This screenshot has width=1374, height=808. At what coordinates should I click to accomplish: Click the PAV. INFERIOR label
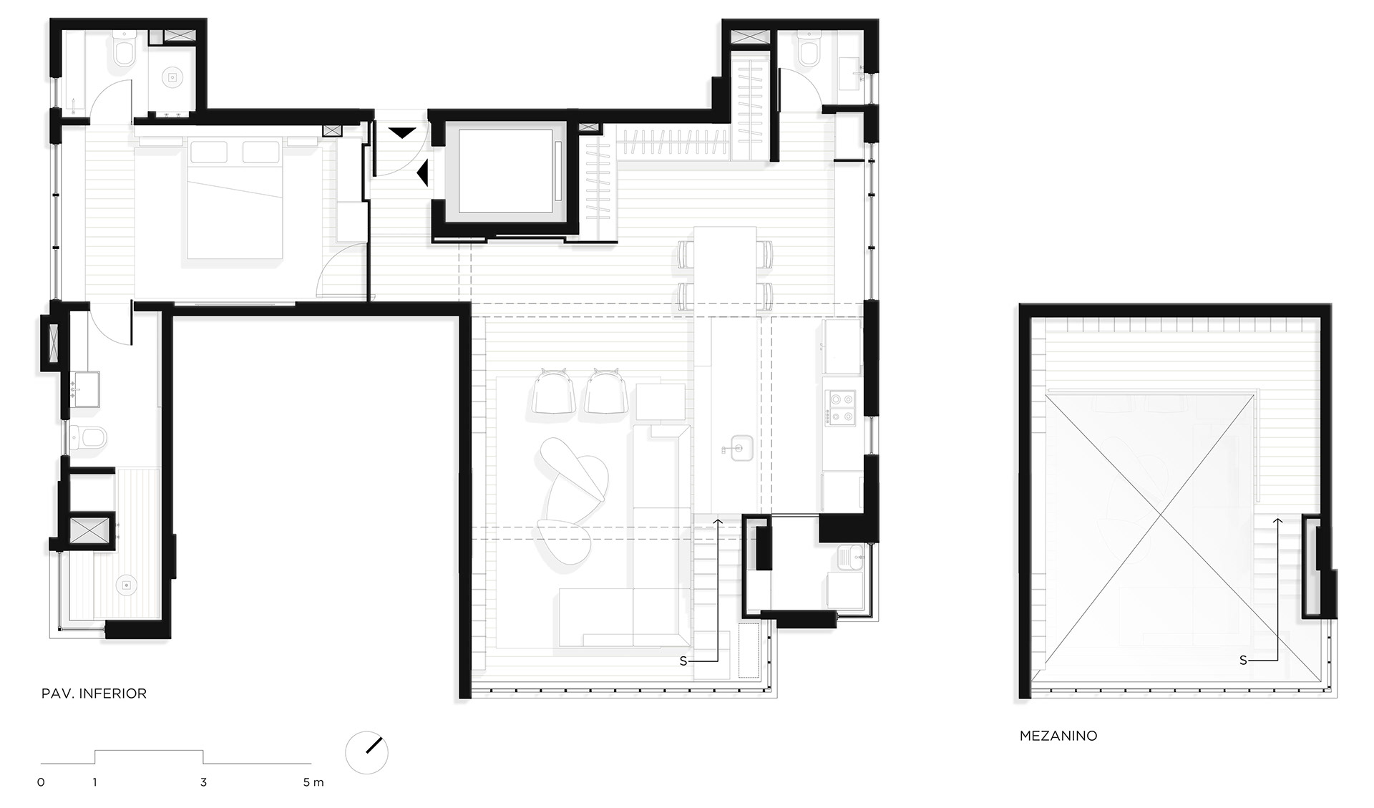click(94, 693)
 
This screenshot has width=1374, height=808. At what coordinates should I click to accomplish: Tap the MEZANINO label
click(1058, 736)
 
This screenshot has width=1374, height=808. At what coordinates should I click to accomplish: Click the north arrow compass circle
click(366, 752)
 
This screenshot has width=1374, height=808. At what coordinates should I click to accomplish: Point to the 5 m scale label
click(313, 782)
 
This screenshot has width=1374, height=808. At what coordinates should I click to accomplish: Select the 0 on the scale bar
click(41, 782)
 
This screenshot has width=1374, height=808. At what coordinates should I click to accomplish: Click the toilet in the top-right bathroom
click(809, 49)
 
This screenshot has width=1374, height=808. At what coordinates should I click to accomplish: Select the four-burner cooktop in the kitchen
click(840, 408)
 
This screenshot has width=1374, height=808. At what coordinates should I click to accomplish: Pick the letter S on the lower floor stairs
click(683, 661)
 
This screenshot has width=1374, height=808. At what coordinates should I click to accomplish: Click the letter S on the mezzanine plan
click(1243, 661)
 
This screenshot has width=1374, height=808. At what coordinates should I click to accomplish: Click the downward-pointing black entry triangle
click(401, 132)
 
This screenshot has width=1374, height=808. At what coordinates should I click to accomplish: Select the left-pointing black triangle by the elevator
click(423, 172)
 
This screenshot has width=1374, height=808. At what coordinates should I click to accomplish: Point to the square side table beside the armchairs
click(660, 402)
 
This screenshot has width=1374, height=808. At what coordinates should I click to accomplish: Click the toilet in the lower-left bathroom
click(89, 435)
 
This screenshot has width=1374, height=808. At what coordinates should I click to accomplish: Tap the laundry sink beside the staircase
click(849, 558)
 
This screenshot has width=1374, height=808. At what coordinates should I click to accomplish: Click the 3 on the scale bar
click(204, 782)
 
